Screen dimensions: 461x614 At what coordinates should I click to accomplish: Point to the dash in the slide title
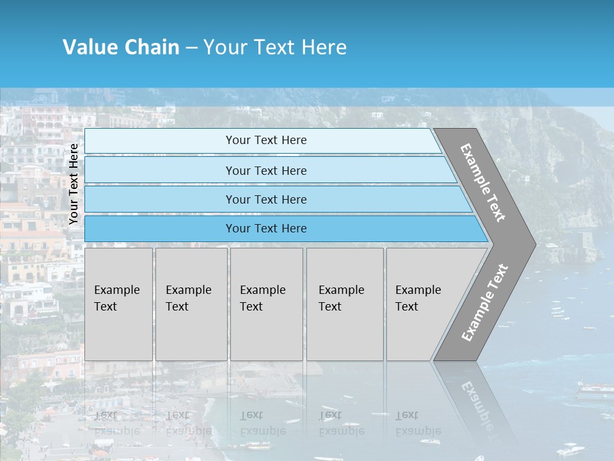point(191,48)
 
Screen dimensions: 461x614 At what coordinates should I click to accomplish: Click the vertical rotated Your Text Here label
point(74,184)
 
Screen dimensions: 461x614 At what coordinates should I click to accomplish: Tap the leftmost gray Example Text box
point(118,304)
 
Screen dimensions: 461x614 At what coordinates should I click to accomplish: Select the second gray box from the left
point(191,304)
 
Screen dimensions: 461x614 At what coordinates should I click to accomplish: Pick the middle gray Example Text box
point(266,304)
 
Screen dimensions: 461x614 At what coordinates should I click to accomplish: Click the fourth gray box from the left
point(345,304)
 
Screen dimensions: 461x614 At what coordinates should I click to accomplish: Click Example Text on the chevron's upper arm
point(483,182)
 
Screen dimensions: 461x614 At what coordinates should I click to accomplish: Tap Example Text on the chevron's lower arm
point(484,303)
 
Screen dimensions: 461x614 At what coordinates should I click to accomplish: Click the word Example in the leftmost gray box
point(116,290)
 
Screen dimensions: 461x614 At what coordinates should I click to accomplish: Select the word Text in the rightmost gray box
point(407,307)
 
